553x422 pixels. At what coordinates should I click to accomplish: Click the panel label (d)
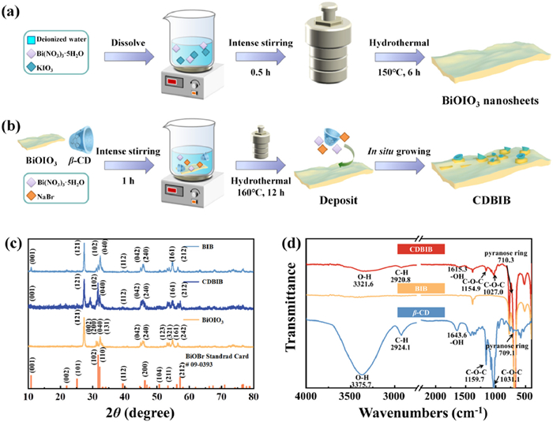295,229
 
